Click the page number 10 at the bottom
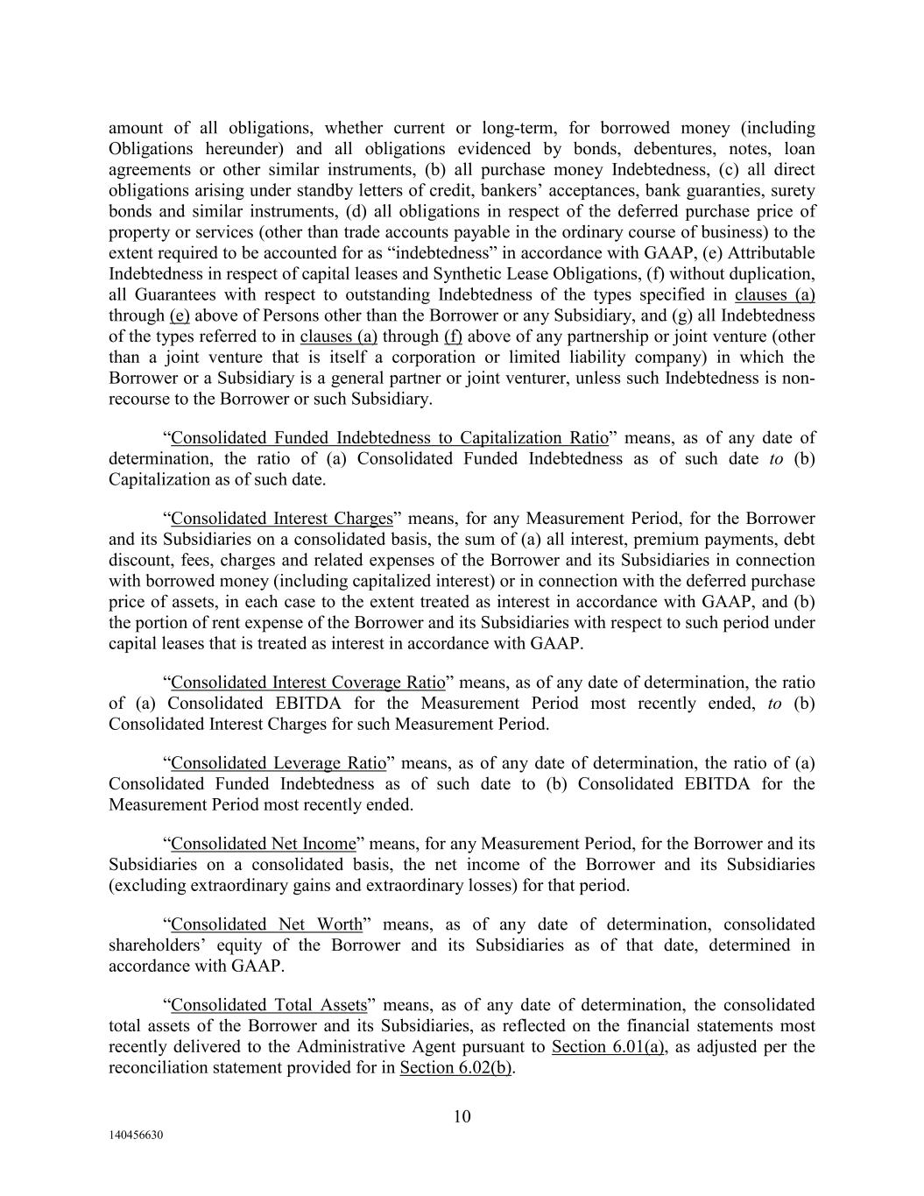[462, 1115]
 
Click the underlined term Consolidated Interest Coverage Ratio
[308, 683]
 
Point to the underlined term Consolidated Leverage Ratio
[279, 763]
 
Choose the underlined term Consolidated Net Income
[264, 844]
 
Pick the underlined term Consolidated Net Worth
[267, 924]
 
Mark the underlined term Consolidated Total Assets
[269, 1005]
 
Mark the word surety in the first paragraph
[794, 191]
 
